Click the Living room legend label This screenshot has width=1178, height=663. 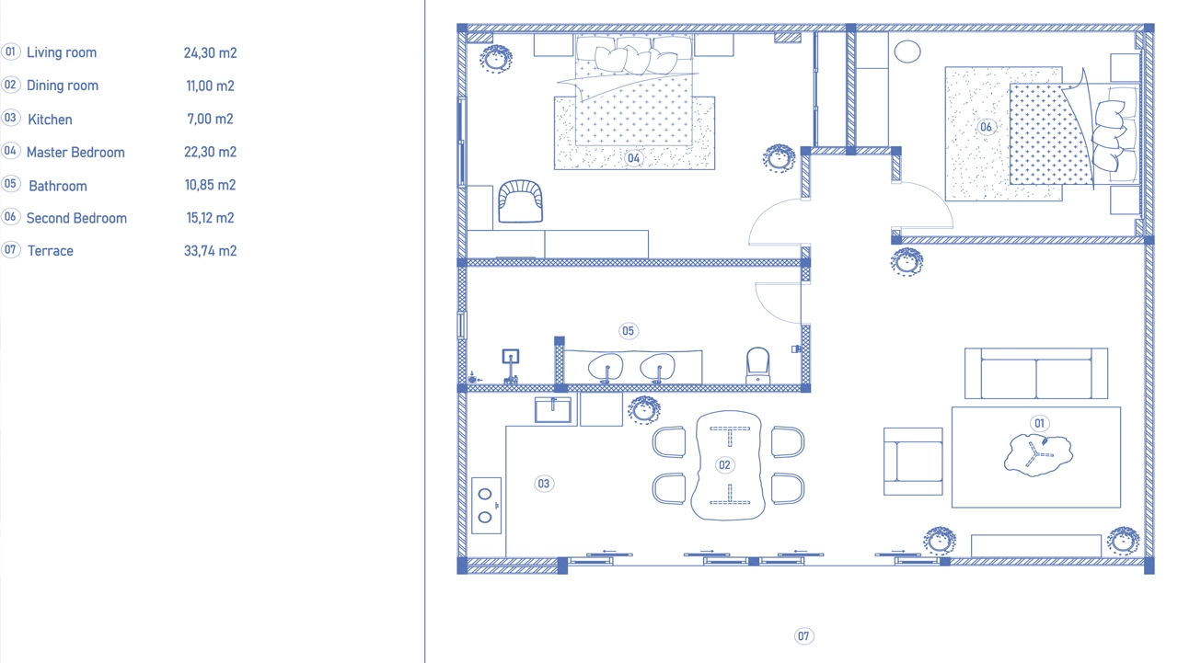(x=62, y=52)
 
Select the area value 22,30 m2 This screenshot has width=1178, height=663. (x=210, y=152)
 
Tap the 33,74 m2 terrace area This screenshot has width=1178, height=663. (x=210, y=251)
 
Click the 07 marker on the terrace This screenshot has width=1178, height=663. (x=803, y=636)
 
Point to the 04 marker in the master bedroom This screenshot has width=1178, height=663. (x=633, y=158)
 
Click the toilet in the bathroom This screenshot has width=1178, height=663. (x=757, y=366)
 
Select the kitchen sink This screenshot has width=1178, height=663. (x=553, y=410)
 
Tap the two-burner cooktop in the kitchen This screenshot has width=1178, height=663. (x=487, y=506)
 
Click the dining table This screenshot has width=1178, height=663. (x=728, y=465)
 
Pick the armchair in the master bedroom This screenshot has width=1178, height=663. (x=520, y=201)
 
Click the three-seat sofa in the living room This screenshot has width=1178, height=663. (x=1036, y=373)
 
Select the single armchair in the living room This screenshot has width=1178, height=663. (x=913, y=462)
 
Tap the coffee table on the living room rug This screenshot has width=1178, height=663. (x=1038, y=455)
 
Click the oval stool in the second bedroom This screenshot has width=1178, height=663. (x=907, y=51)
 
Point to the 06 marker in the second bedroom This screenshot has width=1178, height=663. (x=986, y=127)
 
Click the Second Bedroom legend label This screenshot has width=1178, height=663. (x=76, y=218)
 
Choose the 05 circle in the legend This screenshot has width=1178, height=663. (x=10, y=184)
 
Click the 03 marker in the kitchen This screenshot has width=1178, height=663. (x=544, y=484)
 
